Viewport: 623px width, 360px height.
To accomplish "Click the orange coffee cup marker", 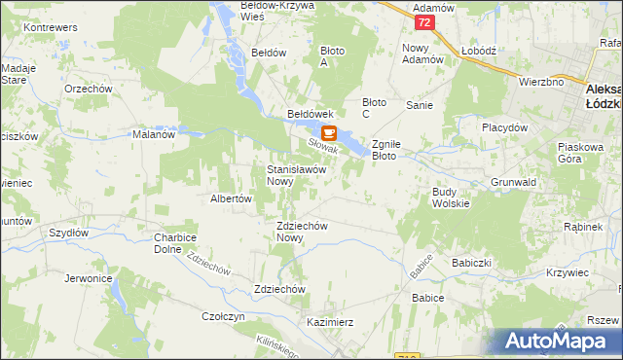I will [x=328, y=133].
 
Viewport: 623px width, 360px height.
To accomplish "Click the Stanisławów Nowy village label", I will [x=294, y=175].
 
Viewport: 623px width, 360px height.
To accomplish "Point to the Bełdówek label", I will [x=311, y=114].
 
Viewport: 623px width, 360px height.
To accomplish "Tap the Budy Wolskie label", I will [x=451, y=198].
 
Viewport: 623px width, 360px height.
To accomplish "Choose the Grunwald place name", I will [x=514, y=182].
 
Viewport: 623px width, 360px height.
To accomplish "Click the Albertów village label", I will [x=232, y=198].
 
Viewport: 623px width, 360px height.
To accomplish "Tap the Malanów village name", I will [x=153, y=135].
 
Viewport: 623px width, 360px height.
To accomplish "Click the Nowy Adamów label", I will [x=422, y=54].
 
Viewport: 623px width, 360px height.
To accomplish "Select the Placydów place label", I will [x=504, y=127].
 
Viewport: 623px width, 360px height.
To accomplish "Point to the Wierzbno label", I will [x=541, y=83].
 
